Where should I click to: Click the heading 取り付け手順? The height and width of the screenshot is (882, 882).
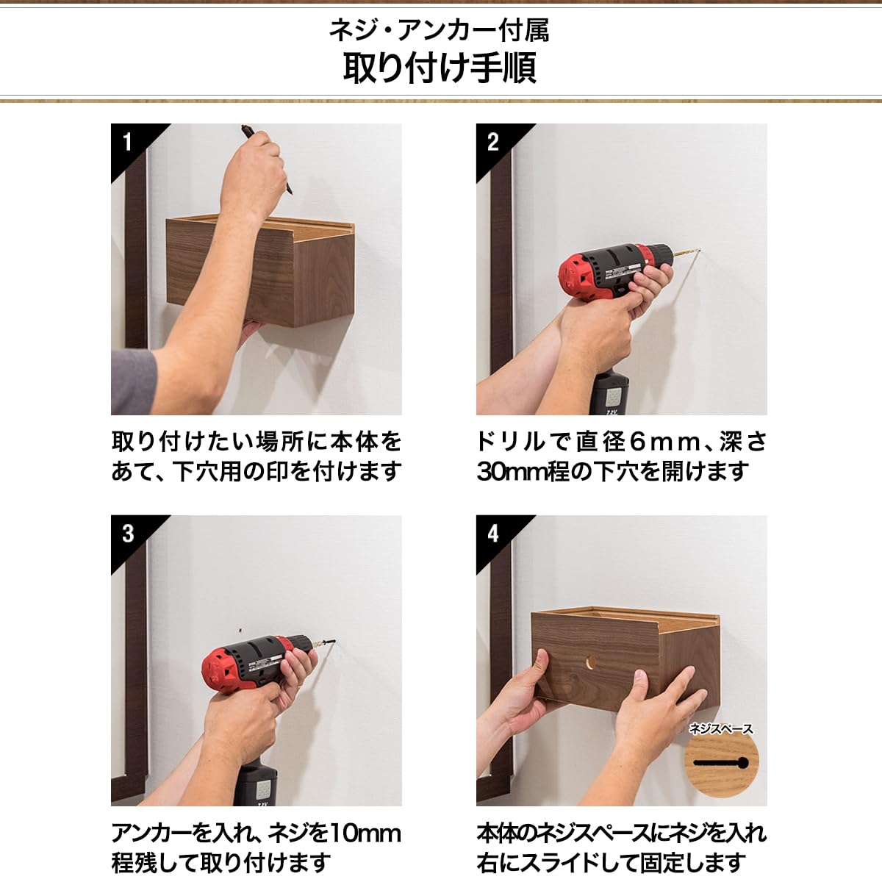pos(440,67)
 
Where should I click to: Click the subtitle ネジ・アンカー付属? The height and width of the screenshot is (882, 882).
pos(440,30)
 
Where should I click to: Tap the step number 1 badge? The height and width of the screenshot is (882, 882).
pos(128,141)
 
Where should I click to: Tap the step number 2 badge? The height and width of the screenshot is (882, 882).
pos(493,141)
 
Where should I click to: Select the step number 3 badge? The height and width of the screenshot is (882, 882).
pos(128,533)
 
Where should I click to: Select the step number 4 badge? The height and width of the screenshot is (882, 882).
pos(493,533)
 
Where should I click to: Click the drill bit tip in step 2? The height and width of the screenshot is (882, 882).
pos(695,254)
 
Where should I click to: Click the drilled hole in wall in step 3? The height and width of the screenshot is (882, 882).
pos(240,630)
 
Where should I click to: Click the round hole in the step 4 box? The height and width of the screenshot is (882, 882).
pos(591,662)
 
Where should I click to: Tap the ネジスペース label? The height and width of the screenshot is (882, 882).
pos(720,728)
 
